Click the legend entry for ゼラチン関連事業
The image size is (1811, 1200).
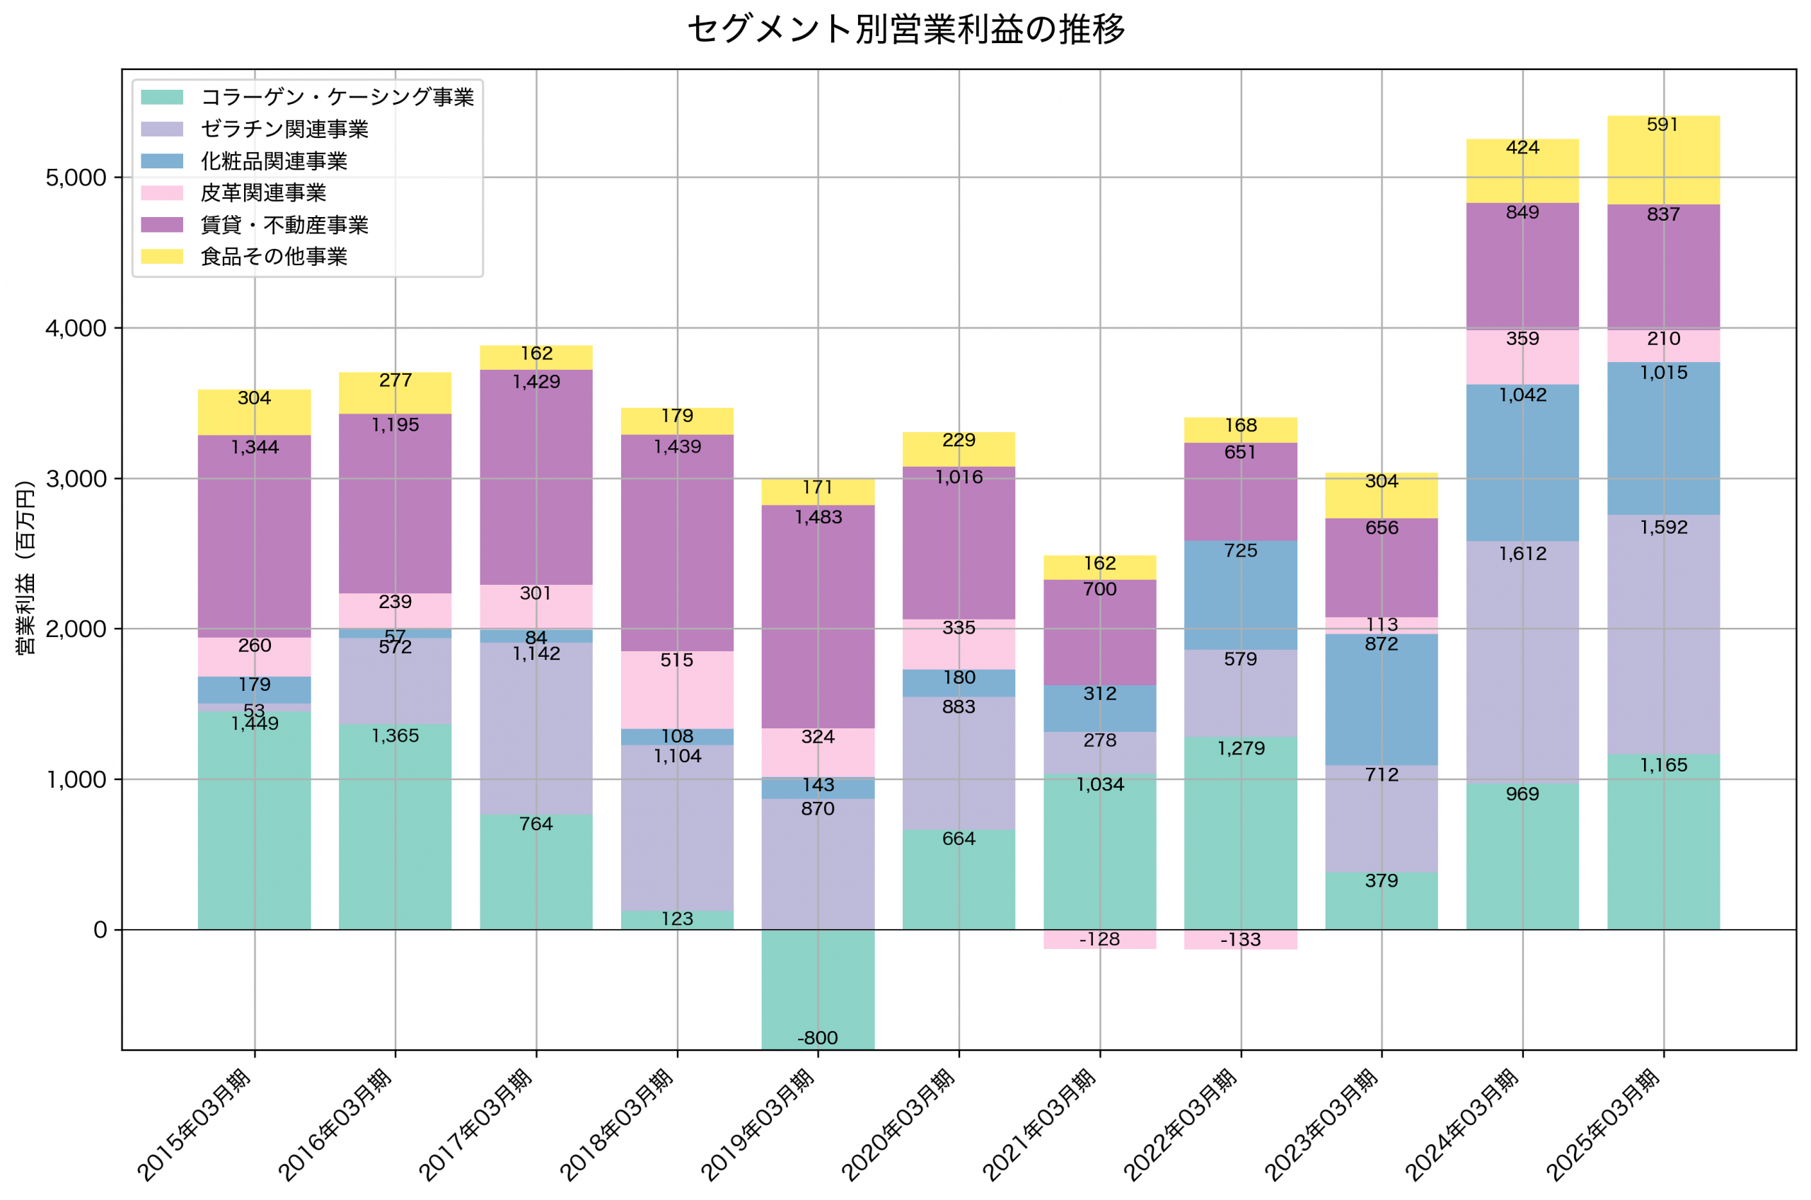(x=284, y=129)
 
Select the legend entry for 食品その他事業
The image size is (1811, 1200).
(x=273, y=257)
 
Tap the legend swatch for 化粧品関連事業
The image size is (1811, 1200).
(x=162, y=161)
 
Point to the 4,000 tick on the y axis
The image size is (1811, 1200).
(x=76, y=328)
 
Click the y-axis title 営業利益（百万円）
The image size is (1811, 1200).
(x=25, y=567)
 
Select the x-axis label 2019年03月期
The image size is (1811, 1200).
(x=758, y=1125)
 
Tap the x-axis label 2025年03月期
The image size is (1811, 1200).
(x=1603, y=1125)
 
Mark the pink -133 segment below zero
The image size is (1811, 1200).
(x=1240, y=939)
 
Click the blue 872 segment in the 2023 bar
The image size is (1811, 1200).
(x=1381, y=700)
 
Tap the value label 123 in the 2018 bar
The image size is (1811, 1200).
(x=676, y=919)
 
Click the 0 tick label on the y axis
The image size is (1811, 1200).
(x=100, y=930)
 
